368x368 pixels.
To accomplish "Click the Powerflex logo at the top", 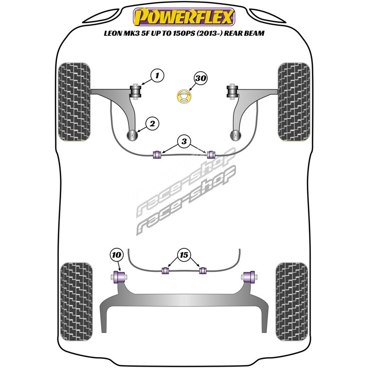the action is [184, 17].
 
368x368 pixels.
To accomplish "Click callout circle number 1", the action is [157, 75].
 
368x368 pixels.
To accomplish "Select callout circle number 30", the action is [201, 78].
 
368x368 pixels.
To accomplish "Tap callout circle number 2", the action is [152, 123].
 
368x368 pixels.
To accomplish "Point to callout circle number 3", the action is [184, 141].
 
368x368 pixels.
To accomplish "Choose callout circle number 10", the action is [117, 255].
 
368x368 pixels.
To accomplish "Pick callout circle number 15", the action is [184, 255].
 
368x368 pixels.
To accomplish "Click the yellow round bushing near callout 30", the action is [184, 97].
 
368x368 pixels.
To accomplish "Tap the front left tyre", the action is [74, 102].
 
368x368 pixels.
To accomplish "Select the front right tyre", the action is [294, 102].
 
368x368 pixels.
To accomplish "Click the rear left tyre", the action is [76, 302].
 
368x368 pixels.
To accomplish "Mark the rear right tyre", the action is [292, 302].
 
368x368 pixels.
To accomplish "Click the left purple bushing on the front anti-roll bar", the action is [157, 154].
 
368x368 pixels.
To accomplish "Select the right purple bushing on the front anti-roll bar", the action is [211, 154].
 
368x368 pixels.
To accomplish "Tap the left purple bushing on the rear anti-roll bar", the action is [166, 270].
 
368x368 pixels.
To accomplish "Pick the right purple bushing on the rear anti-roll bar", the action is [202, 270].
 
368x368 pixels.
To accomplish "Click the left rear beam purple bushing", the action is [119, 277].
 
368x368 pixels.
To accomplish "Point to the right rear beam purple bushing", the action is [249, 277].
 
